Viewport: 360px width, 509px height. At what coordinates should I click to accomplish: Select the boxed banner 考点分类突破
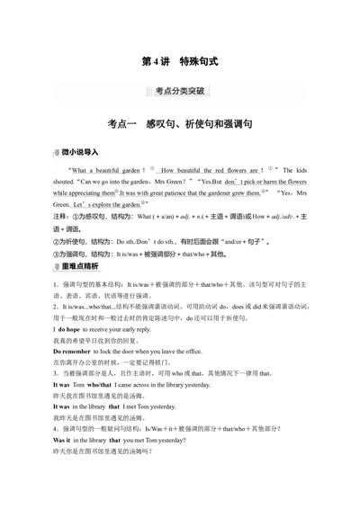point(180,91)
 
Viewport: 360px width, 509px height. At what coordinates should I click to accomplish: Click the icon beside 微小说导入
point(57,154)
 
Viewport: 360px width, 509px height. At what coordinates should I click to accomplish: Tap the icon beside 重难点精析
point(57,266)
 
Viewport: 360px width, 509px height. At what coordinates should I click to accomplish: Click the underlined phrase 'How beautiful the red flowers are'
point(212,169)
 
